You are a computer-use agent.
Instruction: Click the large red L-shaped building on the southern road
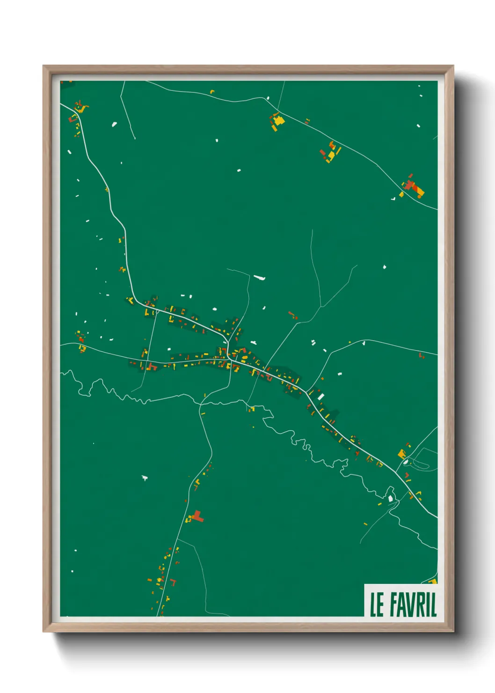(x=198, y=516)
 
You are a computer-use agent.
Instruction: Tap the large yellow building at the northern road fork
(x=278, y=120)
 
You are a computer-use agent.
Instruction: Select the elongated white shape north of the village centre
(x=260, y=278)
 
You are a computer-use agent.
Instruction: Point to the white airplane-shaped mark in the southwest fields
(x=145, y=478)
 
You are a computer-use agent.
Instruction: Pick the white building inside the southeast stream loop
(x=391, y=499)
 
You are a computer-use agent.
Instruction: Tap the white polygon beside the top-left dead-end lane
(x=114, y=124)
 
